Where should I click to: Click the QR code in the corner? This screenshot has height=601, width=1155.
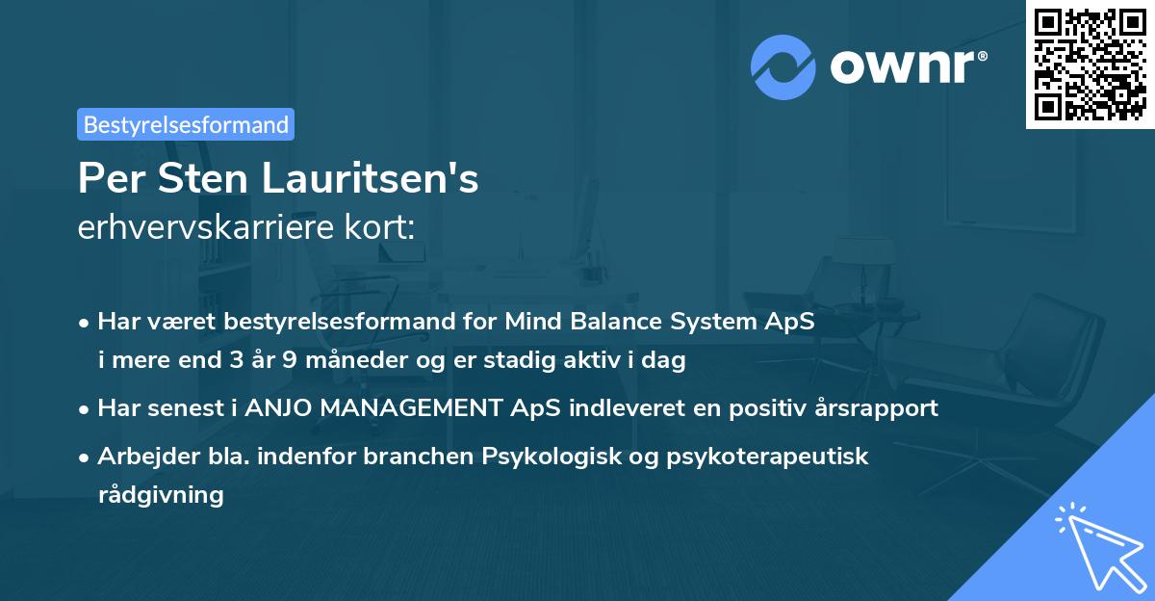click(x=1090, y=65)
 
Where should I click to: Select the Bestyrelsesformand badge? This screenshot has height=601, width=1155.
click(x=186, y=124)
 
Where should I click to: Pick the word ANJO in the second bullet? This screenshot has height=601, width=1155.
click(x=279, y=407)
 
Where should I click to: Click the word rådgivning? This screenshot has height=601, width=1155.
click(x=161, y=495)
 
